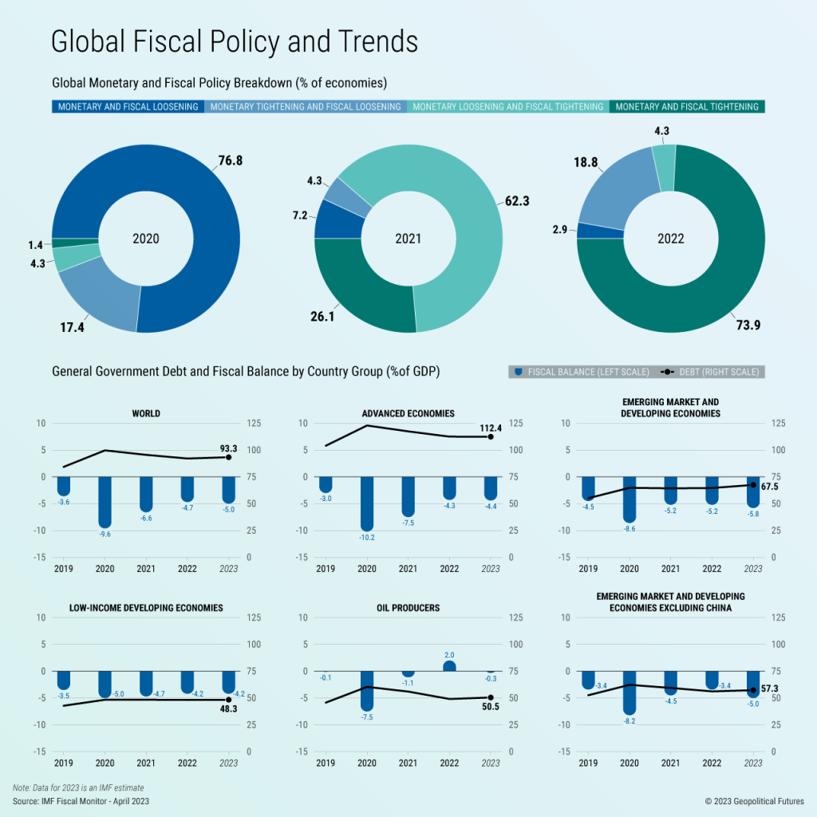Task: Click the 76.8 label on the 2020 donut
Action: pyautogui.click(x=230, y=160)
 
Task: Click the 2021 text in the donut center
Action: pyautogui.click(x=408, y=239)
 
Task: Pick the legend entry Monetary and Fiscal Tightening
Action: pyautogui.click(x=687, y=107)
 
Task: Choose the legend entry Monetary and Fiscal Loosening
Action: pyautogui.click(x=128, y=107)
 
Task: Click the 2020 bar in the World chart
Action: pyautogui.click(x=105, y=501)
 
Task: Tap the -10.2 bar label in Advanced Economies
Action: pyautogui.click(x=367, y=538)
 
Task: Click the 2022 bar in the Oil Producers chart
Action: pyautogui.click(x=449, y=665)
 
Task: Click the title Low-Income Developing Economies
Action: pyautogui.click(x=146, y=608)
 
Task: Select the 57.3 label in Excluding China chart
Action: pyautogui.click(x=769, y=688)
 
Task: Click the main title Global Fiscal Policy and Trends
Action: pyautogui.click(x=234, y=41)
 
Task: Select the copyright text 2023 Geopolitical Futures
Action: pyautogui.click(x=755, y=800)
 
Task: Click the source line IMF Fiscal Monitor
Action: pyautogui.click(x=81, y=800)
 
